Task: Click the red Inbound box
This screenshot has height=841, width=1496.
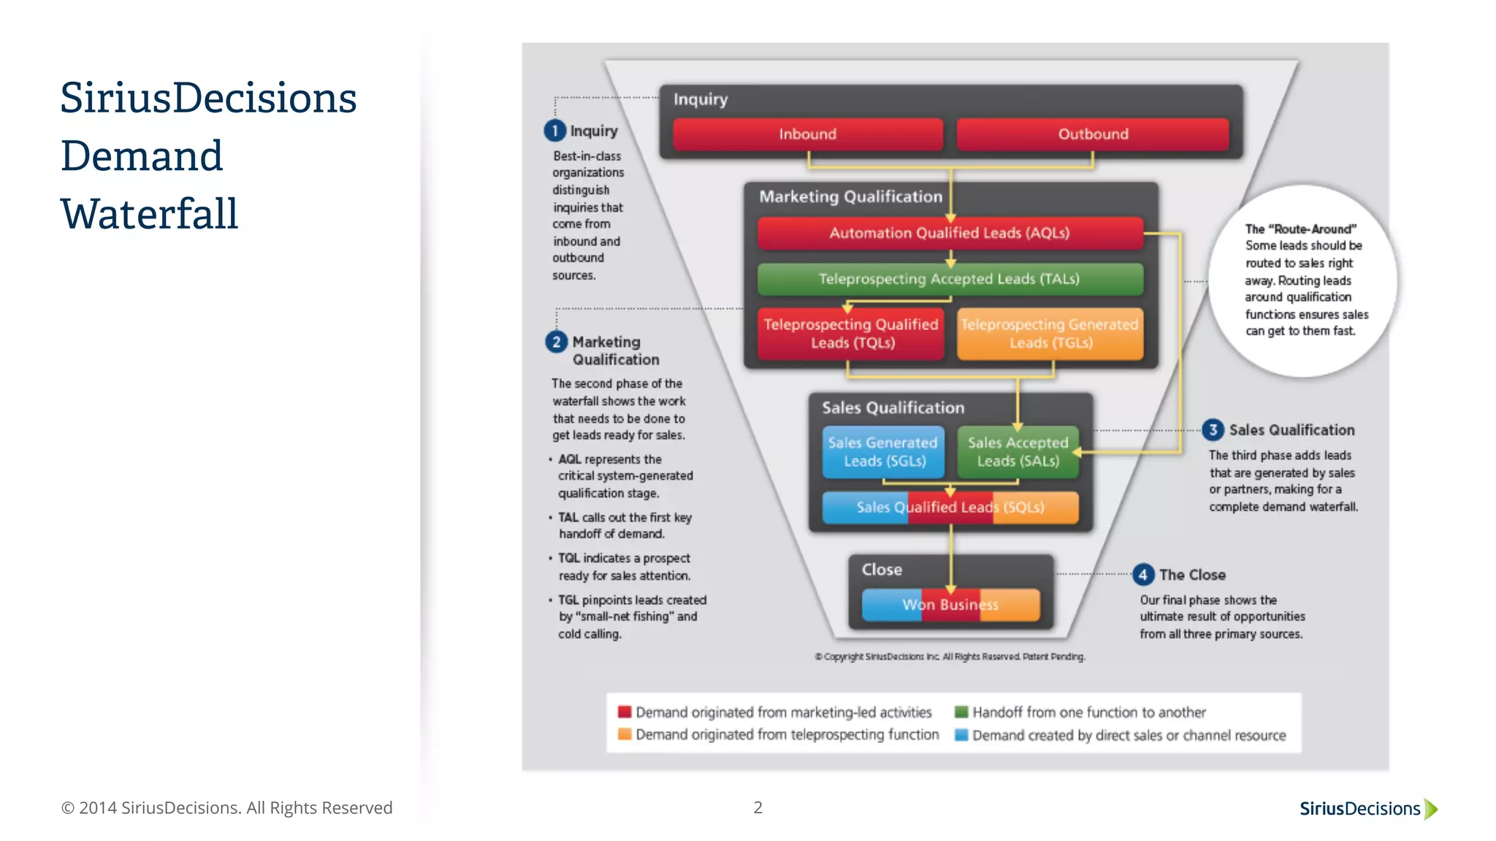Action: pyautogui.click(x=807, y=134)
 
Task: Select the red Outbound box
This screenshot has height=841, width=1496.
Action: pyautogui.click(x=1093, y=134)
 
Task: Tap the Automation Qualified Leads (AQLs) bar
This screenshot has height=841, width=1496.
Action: pyautogui.click(x=950, y=234)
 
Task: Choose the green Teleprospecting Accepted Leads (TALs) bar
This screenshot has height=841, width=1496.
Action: pyautogui.click(x=950, y=279)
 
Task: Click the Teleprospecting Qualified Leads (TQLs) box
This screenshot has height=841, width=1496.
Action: pyautogui.click(x=851, y=334)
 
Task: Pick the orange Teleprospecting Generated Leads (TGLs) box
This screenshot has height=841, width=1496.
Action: pyautogui.click(x=1050, y=334)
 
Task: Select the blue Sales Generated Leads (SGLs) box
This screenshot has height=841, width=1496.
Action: pyautogui.click(x=883, y=452)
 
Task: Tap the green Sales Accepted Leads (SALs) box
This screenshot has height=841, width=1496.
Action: pyautogui.click(x=1018, y=452)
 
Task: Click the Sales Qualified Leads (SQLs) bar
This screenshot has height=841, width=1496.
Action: pyautogui.click(x=950, y=507)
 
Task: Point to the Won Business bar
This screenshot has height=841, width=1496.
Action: pyautogui.click(x=950, y=604)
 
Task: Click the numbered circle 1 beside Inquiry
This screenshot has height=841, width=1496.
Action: pyautogui.click(x=555, y=131)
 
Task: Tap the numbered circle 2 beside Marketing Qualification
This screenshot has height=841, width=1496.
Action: pyautogui.click(x=557, y=342)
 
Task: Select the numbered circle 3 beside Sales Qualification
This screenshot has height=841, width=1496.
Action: pyautogui.click(x=1213, y=430)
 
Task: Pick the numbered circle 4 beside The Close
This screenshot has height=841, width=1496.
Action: pyautogui.click(x=1143, y=575)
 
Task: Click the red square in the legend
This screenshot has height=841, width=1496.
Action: pyautogui.click(x=625, y=712)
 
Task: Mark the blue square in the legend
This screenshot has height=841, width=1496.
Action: pyautogui.click(x=961, y=735)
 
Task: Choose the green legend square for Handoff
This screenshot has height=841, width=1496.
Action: pyautogui.click(x=961, y=712)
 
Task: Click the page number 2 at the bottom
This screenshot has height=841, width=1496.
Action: pyautogui.click(x=758, y=807)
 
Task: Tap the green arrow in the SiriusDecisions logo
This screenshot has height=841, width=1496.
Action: pyautogui.click(x=1431, y=809)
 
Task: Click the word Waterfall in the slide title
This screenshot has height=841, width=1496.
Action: pyautogui.click(x=149, y=214)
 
